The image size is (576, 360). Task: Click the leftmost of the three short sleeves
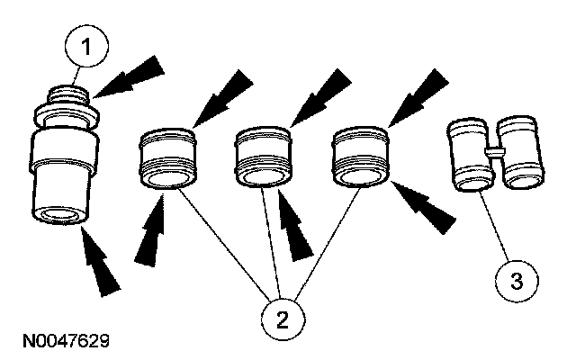(x=166, y=161)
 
